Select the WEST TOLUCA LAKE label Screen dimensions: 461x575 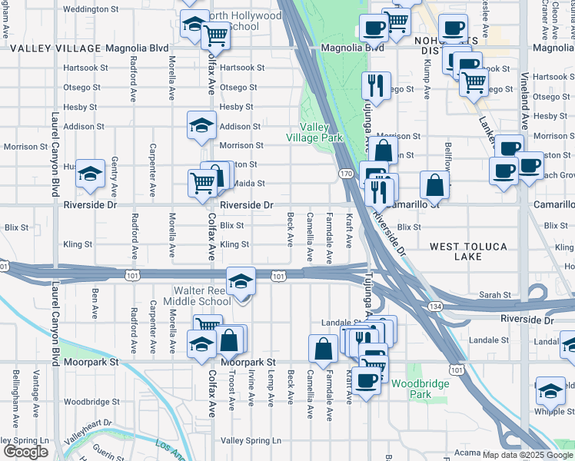click(467, 251)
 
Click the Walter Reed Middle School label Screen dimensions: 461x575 click(202, 296)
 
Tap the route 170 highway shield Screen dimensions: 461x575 click(346, 174)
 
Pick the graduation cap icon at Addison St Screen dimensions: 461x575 click(201, 125)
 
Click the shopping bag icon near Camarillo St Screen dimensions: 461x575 click(435, 185)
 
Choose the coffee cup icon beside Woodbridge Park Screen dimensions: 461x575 click(366, 380)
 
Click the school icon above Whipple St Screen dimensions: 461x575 click(550, 390)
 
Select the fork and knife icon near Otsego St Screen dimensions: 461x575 click(376, 85)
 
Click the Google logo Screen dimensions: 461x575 click(25, 452)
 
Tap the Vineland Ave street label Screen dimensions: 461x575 click(526, 101)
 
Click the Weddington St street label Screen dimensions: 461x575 click(83, 10)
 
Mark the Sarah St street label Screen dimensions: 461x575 click(495, 294)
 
